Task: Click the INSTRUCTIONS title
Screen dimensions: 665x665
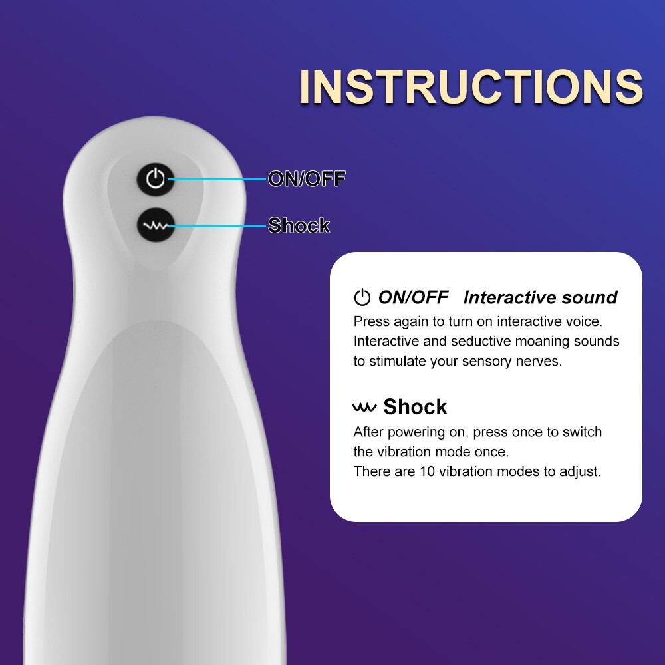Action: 471,86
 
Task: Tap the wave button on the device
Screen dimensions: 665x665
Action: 156,225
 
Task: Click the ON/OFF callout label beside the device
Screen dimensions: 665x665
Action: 307,178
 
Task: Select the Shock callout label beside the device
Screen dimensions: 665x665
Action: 299,225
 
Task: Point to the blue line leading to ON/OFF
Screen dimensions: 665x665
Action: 217,179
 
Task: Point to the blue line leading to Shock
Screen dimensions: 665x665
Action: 217,226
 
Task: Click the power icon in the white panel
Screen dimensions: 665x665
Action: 362,297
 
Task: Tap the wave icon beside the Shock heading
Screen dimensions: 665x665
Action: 364,407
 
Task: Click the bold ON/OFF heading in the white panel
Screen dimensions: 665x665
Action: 413,297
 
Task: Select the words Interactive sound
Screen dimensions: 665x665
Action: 540,297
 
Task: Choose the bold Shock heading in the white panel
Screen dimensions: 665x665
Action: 415,407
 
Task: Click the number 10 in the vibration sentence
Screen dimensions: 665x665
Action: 428,471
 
